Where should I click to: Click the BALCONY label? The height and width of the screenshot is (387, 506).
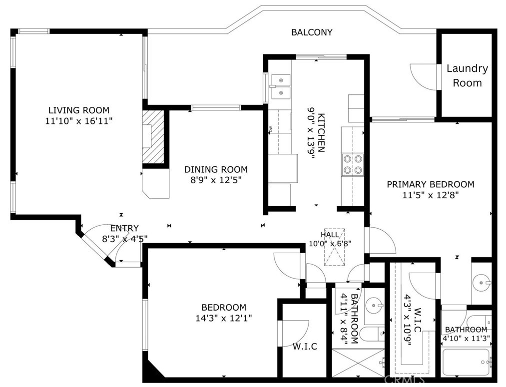311,32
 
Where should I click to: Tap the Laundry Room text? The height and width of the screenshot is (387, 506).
467,75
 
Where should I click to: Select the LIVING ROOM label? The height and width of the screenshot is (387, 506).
79,110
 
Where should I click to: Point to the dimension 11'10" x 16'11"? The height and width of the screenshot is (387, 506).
79,121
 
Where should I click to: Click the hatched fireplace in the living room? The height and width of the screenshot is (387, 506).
154,137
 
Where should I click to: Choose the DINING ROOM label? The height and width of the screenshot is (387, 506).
216,169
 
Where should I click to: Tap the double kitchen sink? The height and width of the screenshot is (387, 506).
280,86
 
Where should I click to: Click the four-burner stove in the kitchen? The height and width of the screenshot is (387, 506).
353,164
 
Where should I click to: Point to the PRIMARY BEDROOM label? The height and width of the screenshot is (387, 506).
431,184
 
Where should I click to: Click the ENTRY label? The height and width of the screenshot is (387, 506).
124,228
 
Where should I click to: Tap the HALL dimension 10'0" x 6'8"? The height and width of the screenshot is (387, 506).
330,244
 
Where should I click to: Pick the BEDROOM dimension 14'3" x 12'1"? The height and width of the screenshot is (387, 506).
224,318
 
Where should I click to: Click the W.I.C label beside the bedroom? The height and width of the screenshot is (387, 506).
305,347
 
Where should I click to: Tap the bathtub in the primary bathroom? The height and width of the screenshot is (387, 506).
466,363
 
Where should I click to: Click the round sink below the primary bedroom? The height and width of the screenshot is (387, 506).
482,283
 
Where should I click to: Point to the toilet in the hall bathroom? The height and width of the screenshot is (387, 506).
372,335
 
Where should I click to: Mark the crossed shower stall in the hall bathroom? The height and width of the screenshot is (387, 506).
359,363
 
